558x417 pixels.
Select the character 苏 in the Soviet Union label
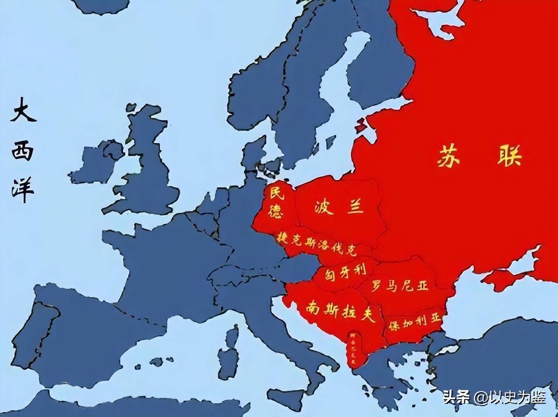tap(449, 156)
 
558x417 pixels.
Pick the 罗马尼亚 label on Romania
tap(399, 286)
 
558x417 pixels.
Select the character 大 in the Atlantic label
tap(23, 110)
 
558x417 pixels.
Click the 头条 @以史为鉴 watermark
tap(494, 397)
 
